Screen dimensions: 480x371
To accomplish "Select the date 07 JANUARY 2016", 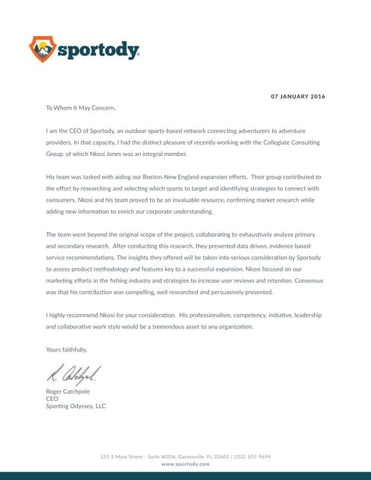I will tap(298, 96).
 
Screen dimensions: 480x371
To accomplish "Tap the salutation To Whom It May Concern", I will tap(81, 108).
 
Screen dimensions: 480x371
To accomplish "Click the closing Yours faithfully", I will tap(67, 349).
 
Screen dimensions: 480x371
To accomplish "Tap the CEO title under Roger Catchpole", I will tap(52, 399).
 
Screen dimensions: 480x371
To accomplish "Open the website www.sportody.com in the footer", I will tap(185, 464).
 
